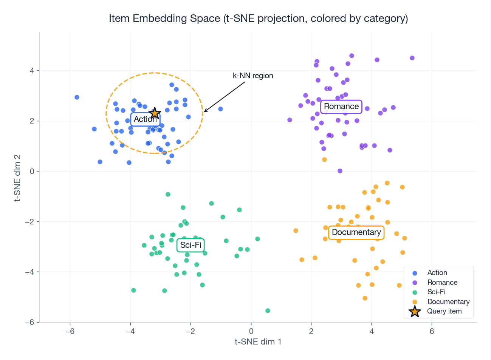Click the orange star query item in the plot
pos(155,113)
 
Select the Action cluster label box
pos(145,119)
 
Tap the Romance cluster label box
pos(341,107)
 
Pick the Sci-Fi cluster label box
pos(191,245)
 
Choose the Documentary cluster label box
pos(356,232)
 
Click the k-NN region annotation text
pos(253,76)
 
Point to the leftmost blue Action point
pos(77,97)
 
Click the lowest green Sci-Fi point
pos(268,311)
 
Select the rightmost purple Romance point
pos(412,58)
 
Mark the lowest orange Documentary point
pos(365,298)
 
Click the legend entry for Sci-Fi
pos(436,292)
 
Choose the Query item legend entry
pos(444,311)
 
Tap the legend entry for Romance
pos(442,283)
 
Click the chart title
pos(258,19)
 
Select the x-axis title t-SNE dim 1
pos(258,342)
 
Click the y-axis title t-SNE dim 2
pos(17,178)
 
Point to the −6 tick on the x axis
pos(70,331)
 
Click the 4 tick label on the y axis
pos(32,71)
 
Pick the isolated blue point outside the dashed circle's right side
pos(220,109)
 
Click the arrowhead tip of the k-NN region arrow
pos(204,112)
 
